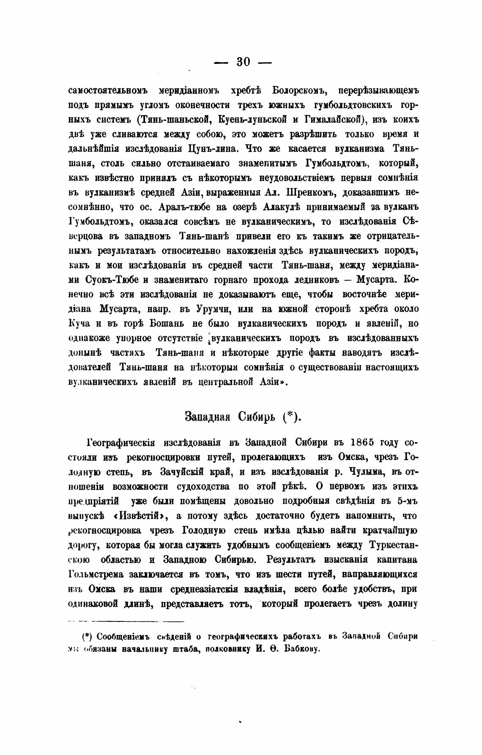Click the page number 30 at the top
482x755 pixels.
click(x=244, y=62)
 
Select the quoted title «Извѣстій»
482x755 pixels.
click(x=140, y=516)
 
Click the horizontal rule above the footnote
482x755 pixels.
click(x=126, y=621)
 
